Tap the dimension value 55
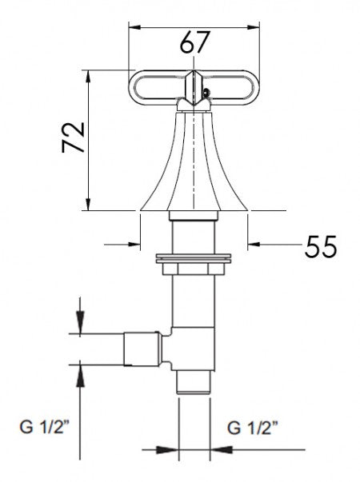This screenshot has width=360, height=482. pyautogui.click(x=320, y=246)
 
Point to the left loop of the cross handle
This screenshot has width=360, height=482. pyautogui.click(x=156, y=85)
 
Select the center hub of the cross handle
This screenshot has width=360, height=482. pyautogui.click(x=193, y=86)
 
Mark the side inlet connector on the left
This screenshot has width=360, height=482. pyautogui.click(x=141, y=349)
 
